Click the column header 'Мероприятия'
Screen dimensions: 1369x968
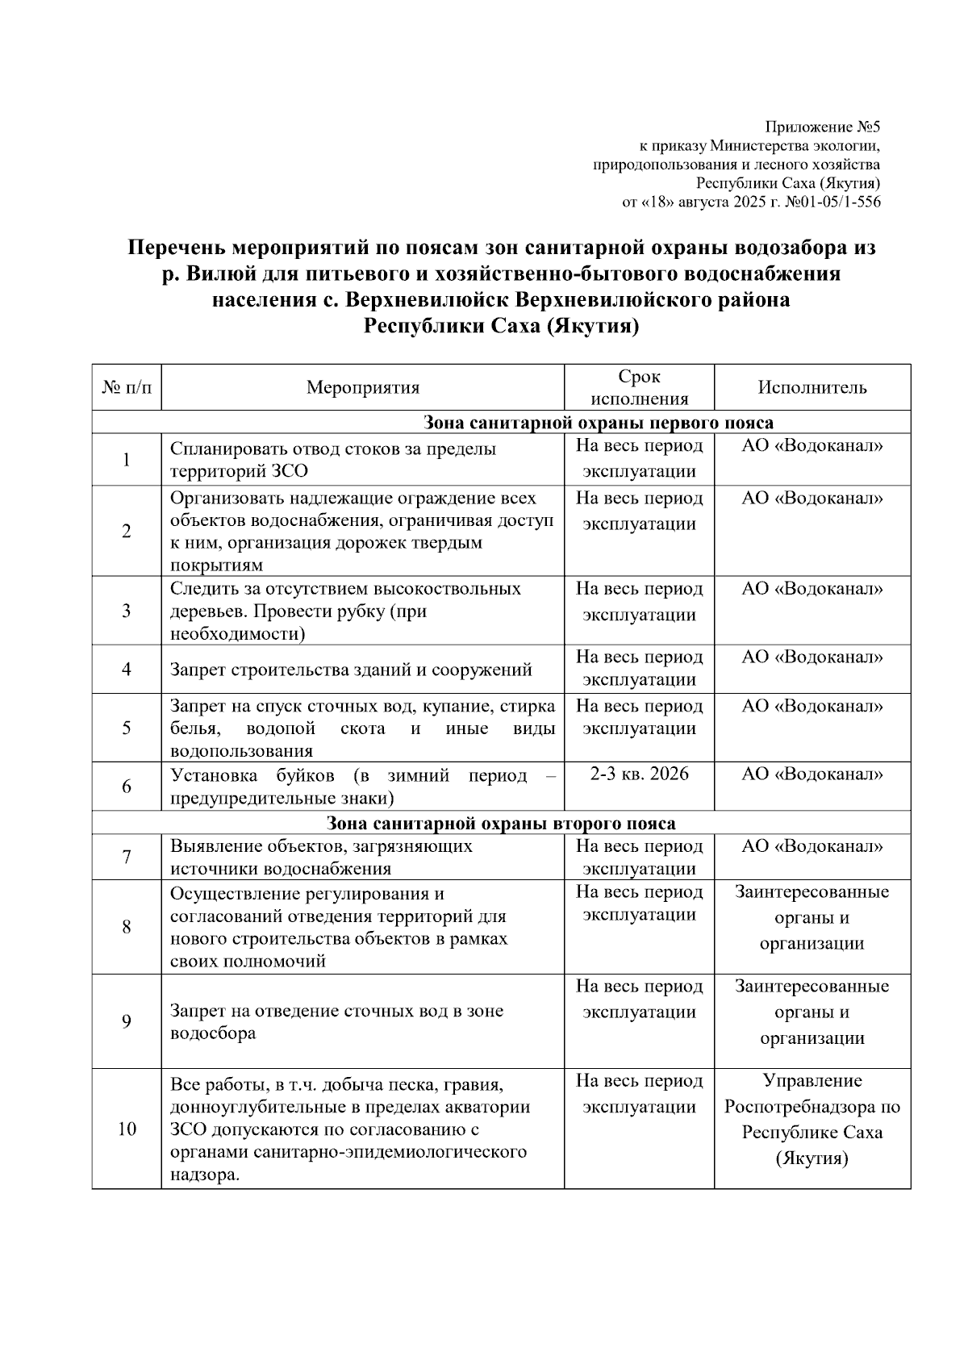click(x=362, y=387)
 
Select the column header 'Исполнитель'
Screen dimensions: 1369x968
click(x=812, y=387)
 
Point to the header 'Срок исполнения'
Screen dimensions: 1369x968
click(x=639, y=387)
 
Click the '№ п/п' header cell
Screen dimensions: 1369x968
click(x=126, y=387)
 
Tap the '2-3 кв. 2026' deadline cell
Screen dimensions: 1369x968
click(x=639, y=774)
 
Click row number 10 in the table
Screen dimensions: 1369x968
click(x=126, y=1129)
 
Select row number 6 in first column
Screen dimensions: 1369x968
click(x=126, y=786)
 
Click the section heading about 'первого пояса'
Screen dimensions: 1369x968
click(x=598, y=423)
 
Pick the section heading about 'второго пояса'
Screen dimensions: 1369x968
click(x=501, y=824)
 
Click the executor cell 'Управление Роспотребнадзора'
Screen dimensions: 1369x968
click(x=812, y=1120)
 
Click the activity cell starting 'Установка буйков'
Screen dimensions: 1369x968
click(x=362, y=787)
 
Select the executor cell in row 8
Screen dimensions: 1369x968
click(x=812, y=917)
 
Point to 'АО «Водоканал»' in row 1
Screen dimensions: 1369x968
click(x=812, y=446)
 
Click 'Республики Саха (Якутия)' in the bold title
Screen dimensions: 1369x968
click(x=501, y=327)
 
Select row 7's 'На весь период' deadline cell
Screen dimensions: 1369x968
click(x=639, y=857)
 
